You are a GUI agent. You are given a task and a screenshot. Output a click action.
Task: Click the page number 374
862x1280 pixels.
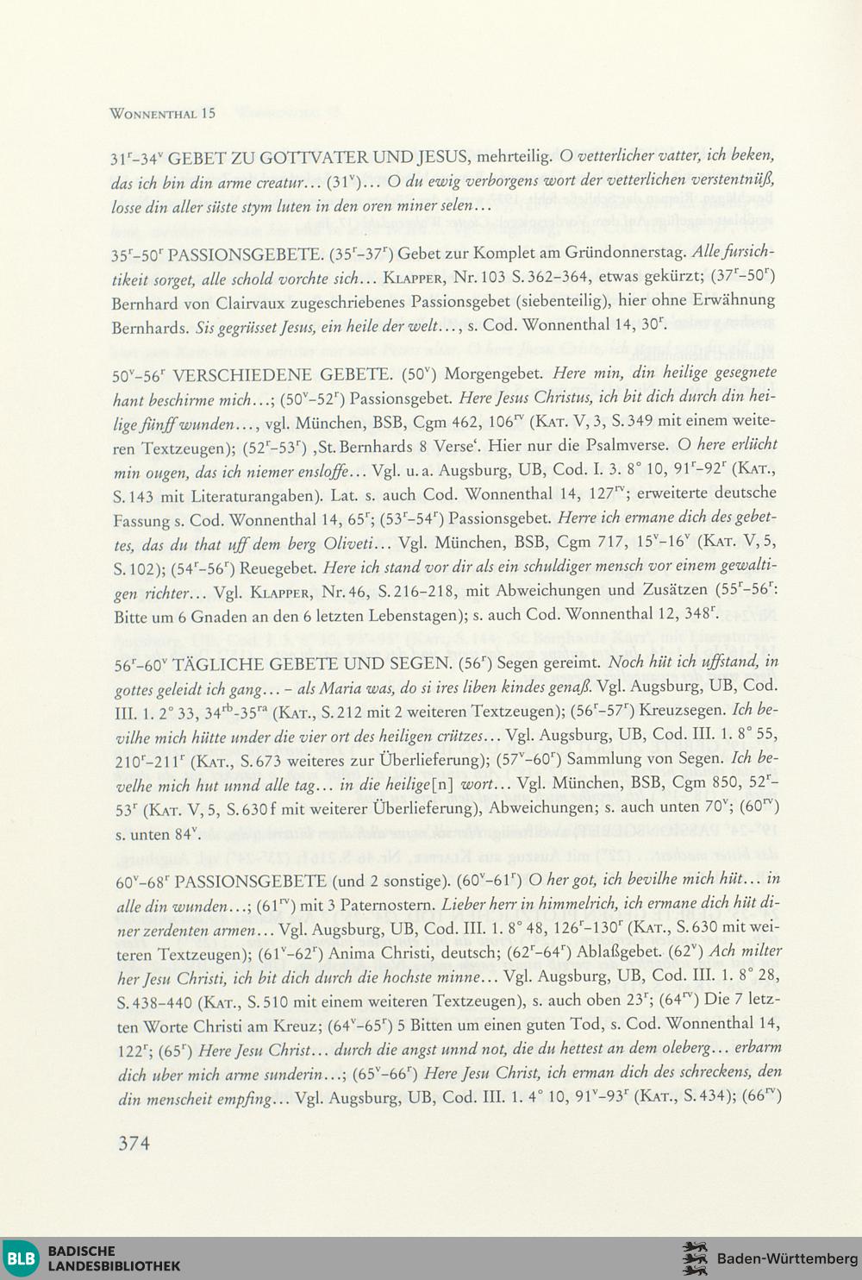[x=134, y=1144]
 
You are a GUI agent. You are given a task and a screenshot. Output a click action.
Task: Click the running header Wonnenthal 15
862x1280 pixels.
[x=163, y=113]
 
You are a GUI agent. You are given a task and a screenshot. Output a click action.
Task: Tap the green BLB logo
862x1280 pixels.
[x=22, y=1258]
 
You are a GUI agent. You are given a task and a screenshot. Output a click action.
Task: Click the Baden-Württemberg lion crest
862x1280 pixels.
[x=694, y=1258]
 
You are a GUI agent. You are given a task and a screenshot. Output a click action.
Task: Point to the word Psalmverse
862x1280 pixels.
[x=631, y=446]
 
